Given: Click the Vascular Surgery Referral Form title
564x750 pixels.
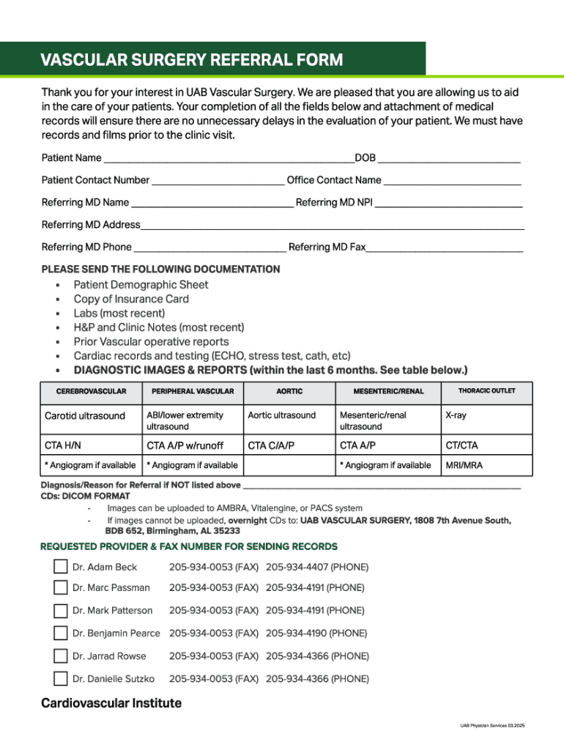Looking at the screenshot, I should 191,60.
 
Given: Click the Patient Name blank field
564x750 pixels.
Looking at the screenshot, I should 228,158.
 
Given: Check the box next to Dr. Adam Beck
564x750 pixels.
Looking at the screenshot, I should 60,567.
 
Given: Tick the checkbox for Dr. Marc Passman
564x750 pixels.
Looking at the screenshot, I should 60,587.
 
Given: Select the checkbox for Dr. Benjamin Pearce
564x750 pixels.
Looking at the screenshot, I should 60,633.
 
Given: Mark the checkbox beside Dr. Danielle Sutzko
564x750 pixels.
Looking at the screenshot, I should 60,679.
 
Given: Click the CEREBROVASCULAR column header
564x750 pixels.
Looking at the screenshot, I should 91,391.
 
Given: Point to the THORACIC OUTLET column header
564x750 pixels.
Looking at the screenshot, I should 486,391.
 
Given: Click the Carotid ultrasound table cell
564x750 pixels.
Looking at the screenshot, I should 85,416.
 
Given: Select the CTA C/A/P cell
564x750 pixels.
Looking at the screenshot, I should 271,445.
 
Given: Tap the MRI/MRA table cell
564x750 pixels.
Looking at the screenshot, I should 464,465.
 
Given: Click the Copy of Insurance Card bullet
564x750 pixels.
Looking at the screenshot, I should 131,299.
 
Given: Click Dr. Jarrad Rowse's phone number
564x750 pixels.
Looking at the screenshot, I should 317,656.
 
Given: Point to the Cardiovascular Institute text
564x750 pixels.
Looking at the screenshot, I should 111,704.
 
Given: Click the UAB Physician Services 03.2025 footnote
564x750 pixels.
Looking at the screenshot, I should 492,725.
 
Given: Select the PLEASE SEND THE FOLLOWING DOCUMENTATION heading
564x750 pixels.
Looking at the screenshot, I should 160,270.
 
